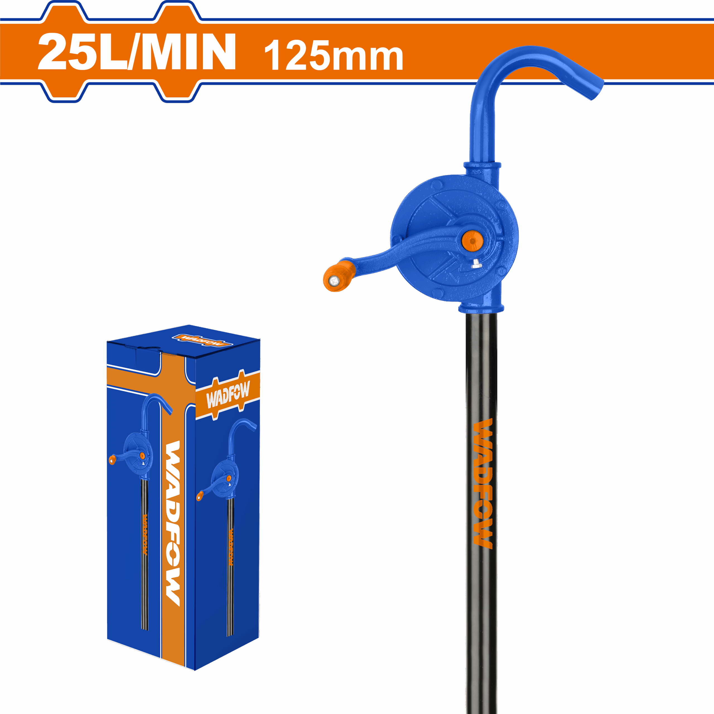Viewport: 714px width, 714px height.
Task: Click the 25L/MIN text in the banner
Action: (x=137, y=52)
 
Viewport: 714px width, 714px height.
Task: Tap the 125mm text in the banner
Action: (x=333, y=56)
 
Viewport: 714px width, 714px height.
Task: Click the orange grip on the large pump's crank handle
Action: (x=338, y=276)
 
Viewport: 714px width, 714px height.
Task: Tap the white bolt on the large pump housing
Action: (x=476, y=264)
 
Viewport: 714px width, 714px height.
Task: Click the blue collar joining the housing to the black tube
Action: (x=481, y=308)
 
